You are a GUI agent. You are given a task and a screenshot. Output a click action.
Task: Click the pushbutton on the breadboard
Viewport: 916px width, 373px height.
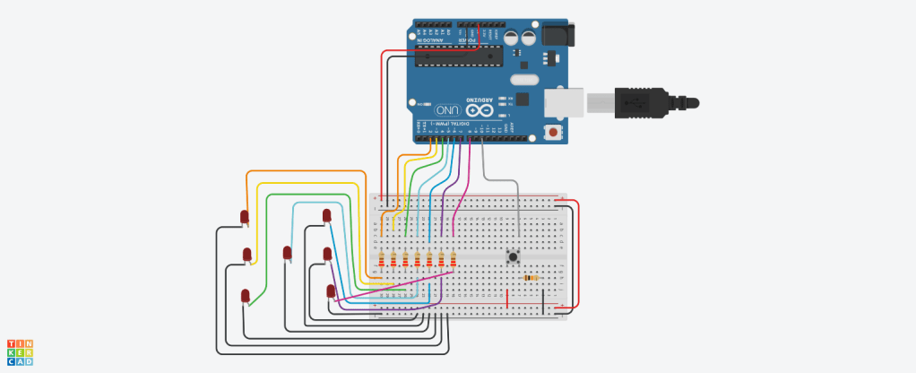[514, 257]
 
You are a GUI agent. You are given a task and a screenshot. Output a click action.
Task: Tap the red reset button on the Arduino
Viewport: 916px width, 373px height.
[553, 134]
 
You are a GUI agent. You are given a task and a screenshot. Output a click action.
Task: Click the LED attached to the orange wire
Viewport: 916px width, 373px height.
[244, 217]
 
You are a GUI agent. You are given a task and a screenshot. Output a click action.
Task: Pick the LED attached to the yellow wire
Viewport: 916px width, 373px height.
[246, 256]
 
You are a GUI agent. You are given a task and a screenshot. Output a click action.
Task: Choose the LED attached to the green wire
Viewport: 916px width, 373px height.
[246, 295]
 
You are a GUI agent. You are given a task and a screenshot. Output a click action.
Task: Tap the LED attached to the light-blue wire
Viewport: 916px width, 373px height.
[326, 215]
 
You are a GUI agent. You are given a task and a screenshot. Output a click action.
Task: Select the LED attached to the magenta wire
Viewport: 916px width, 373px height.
[331, 291]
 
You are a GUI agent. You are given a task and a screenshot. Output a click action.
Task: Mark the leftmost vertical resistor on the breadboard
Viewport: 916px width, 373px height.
[383, 260]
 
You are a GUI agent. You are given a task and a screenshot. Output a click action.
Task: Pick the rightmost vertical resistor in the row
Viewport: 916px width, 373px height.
[453, 260]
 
